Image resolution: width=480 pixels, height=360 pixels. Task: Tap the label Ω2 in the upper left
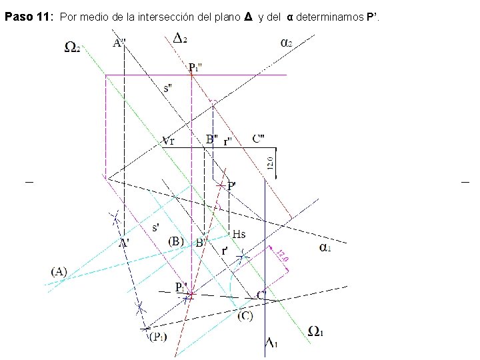(73, 46)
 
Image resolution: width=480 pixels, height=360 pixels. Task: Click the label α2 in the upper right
(285, 42)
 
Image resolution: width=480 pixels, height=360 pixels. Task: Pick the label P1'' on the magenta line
(197, 67)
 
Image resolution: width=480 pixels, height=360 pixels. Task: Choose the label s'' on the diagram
(171, 87)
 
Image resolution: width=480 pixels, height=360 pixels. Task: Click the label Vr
(169, 141)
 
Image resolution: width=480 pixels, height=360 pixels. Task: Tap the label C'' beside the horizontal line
(259, 139)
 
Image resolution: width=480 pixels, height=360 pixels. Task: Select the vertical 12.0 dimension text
(271, 163)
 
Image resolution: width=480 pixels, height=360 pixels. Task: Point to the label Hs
(239, 234)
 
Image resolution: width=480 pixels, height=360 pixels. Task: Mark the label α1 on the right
(327, 247)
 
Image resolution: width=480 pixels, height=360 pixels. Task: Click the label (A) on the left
(59, 271)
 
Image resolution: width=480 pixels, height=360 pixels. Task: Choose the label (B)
(177, 241)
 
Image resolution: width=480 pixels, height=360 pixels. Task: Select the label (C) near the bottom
(245, 315)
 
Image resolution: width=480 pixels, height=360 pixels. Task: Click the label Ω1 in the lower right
(316, 331)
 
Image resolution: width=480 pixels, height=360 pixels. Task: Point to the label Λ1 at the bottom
(273, 343)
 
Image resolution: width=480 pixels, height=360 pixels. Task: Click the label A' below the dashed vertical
(124, 243)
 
